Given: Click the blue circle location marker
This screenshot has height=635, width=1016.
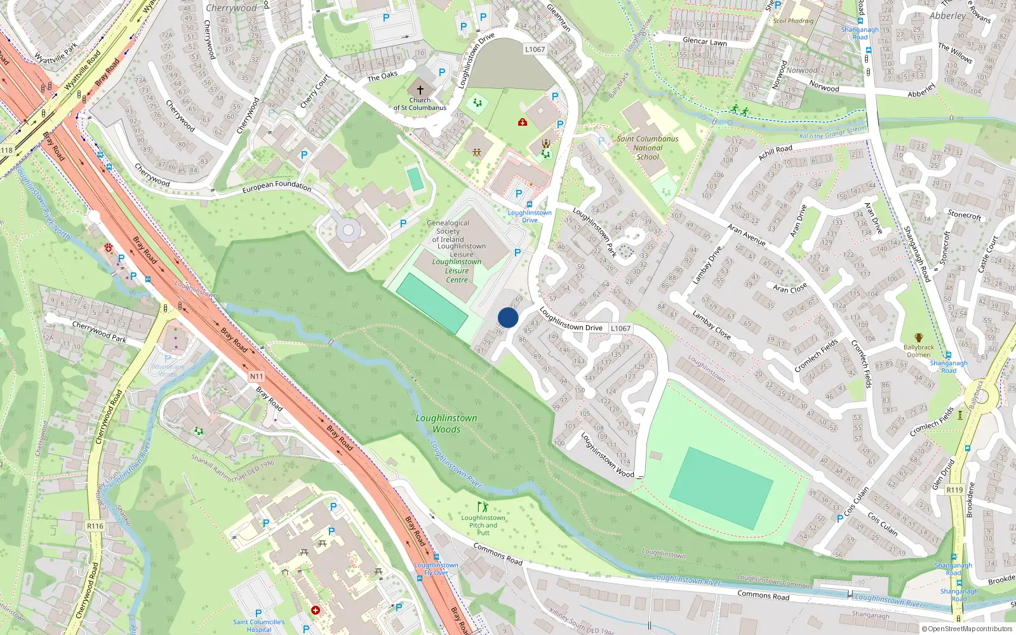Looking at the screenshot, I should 508,317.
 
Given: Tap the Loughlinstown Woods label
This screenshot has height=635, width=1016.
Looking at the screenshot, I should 446,424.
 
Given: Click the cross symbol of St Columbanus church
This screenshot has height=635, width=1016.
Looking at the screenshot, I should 420,90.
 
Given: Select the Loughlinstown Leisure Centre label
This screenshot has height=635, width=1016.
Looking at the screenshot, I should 457,271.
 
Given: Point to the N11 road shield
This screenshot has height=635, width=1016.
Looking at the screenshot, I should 256,377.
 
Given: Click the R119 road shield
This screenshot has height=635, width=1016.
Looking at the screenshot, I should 954,490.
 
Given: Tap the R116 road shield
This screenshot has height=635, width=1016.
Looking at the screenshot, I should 95,526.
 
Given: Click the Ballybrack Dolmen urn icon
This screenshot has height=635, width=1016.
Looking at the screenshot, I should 919,337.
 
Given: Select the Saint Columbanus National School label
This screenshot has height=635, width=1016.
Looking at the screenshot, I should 648,147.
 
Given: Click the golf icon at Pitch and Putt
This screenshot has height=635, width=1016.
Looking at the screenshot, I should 483,507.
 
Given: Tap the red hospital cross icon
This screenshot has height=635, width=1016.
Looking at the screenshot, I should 316,610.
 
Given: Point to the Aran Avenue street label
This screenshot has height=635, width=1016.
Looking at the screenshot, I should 746,234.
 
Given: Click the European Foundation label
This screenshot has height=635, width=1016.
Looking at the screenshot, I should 277,187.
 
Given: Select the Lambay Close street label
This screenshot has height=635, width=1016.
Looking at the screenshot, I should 711,324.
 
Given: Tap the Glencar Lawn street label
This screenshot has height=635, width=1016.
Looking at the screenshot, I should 704,41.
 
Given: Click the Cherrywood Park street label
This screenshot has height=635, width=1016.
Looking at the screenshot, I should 99,332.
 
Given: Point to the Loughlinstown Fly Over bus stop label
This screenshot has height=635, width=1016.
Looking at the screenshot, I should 436,568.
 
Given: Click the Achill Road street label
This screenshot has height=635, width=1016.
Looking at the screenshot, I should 775,152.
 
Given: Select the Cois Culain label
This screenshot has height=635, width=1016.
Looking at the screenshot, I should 883,523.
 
